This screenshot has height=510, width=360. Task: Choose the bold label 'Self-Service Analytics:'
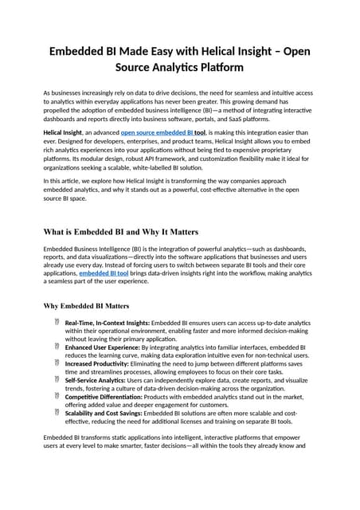(x=96, y=381)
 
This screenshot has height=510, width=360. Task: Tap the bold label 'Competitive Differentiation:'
(x=105, y=397)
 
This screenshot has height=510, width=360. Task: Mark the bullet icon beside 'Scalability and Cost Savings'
(x=57, y=413)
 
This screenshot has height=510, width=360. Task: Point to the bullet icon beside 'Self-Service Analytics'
(x=57, y=380)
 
